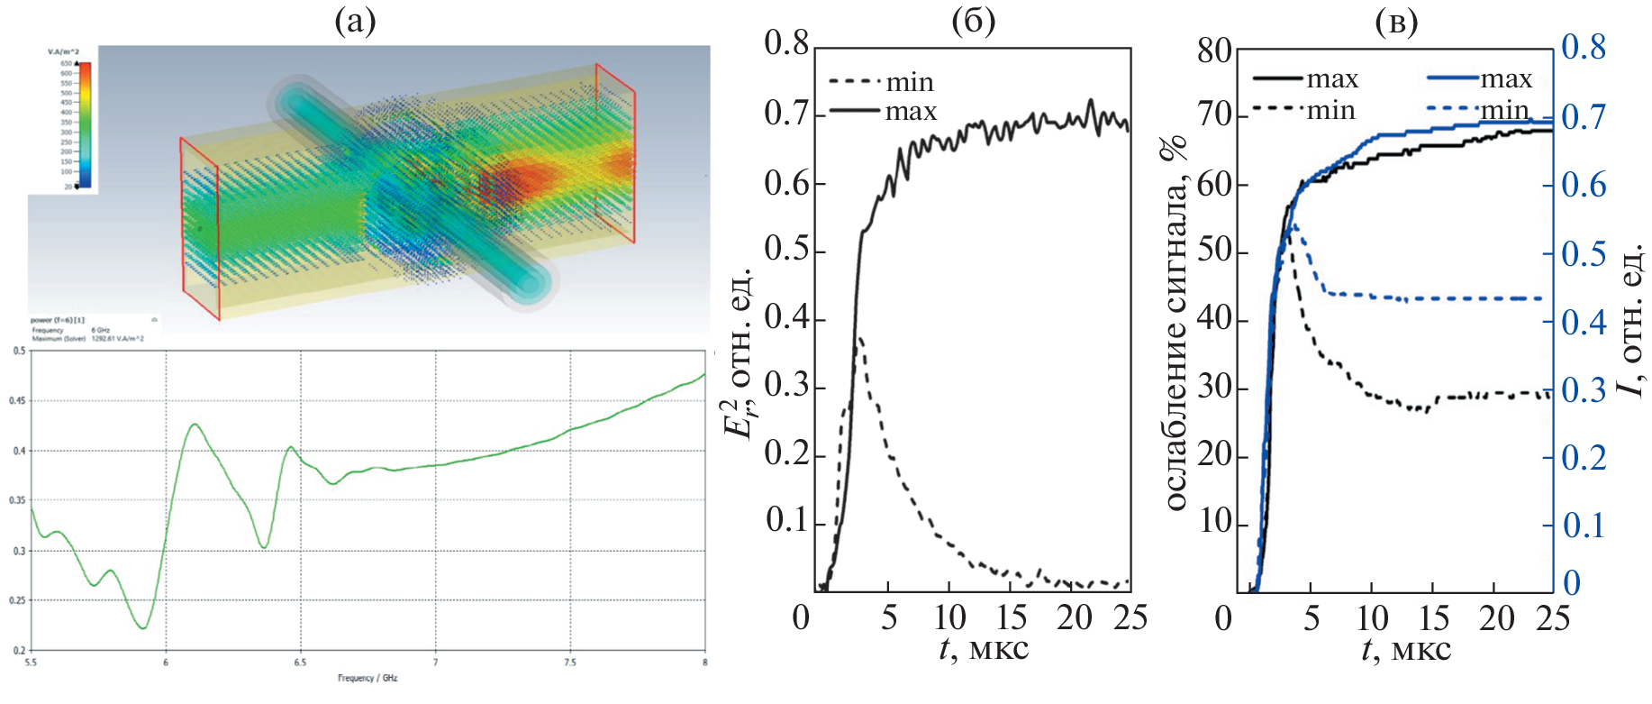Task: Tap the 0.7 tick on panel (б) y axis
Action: tap(786, 114)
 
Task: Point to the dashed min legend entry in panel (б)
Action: tap(881, 83)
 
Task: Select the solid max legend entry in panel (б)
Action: tap(883, 112)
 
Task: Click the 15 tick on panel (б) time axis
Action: tap(1012, 617)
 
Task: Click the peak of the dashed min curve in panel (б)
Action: tap(861, 339)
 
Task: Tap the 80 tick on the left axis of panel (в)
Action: tap(1214, 51)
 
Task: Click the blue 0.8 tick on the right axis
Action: tap(1584, 47)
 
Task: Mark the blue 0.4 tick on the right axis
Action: tap(1584, 322)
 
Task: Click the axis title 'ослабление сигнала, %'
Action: tap(1175, 325)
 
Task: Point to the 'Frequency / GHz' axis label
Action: tap(368, 678)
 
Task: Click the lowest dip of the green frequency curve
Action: tap(143, 628)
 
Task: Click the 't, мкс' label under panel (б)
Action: tap(983, 648)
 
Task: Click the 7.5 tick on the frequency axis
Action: tap(569, 663)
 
